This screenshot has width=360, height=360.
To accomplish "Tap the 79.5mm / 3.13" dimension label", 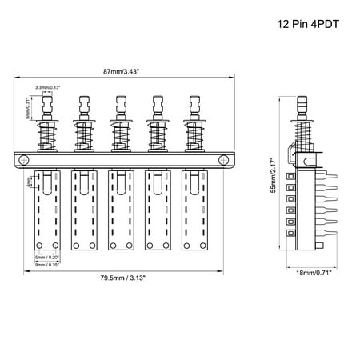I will [x=122, y=279].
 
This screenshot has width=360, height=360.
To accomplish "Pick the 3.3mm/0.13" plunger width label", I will [x=46, y=86].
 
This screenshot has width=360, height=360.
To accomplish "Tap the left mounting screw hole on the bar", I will [x=26, y=160].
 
